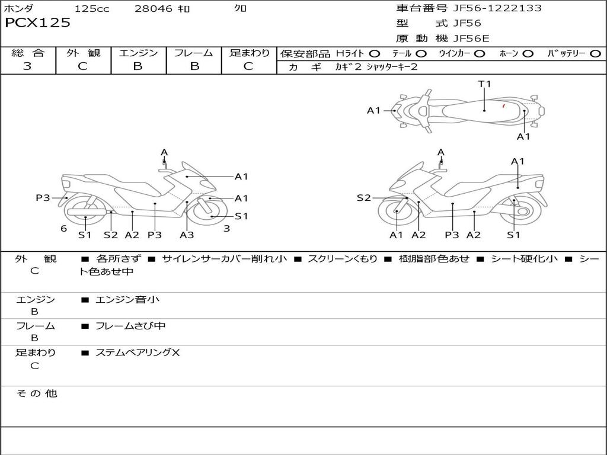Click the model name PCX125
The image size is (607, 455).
click(37, 23)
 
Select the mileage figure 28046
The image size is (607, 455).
click(154, 9)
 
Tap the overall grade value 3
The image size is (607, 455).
click(27, 66)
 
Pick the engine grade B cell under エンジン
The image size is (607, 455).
click(138, 66)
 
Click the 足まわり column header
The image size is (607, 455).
click(249, 53)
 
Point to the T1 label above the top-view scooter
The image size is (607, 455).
click(485, 84)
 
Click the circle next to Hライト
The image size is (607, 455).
click(374, 53)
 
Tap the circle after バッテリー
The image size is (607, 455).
click(596, 53)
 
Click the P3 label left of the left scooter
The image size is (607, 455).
click(43, 198)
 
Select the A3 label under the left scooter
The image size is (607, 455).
click(187, 235)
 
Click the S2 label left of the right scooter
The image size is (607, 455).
click(363, 198)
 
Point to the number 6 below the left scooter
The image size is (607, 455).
click(63, 229)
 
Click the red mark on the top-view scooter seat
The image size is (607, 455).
click(503, 106)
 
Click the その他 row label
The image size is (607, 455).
click(36, 393)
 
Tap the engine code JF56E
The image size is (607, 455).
click(471, 39)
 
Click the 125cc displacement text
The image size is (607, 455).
click(91, 9)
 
